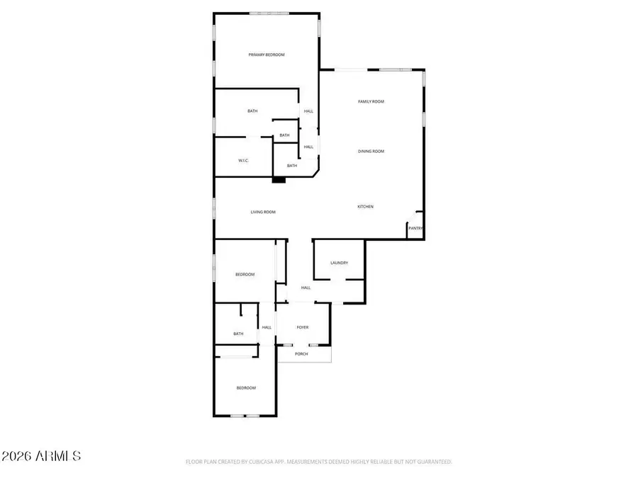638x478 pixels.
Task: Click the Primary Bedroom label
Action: pos(267,55)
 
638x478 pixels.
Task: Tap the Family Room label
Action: pos(371,102)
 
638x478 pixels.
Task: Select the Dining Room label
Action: pos(371,152)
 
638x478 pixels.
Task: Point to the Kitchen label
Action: pos(365,207)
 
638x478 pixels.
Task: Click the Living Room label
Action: pos(263,212)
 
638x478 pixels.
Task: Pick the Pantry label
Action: pos(416,228)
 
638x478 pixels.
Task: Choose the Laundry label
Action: pos(339,263)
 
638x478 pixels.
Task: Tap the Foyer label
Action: pos(303,327)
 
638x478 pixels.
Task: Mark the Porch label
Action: pos(302,354)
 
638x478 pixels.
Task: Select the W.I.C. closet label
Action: pos(242,161)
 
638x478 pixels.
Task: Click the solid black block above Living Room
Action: pos(279,180)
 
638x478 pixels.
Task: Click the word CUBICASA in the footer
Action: pos(254,462)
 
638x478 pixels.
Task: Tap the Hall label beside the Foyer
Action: pos(267,327)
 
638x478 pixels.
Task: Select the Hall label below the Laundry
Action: pos(306,288)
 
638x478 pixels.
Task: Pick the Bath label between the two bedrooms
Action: pos(239,334)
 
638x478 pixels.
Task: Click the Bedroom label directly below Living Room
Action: pos(245,275)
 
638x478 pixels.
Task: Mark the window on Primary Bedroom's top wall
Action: pos(269,13)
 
